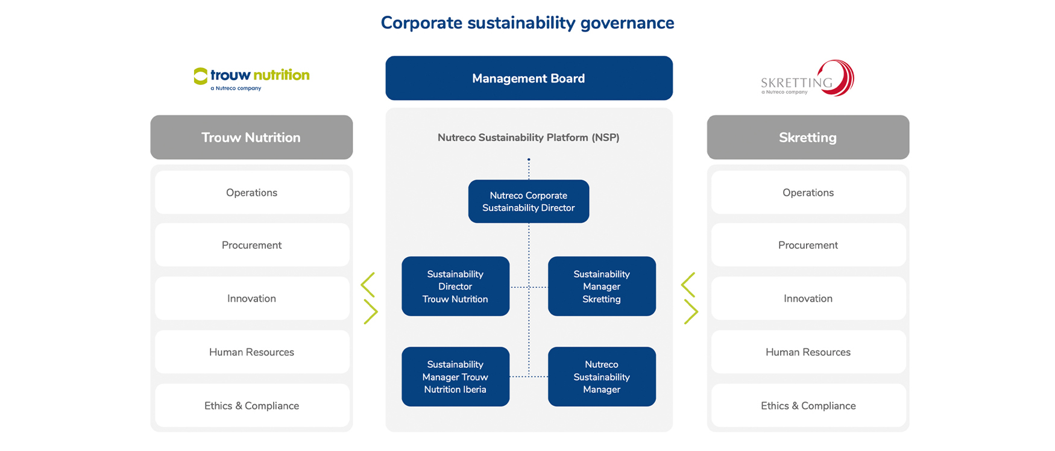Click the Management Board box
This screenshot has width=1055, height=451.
coord(529,78)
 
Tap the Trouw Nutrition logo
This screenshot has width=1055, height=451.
coord(251,79)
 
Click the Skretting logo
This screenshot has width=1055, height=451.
coord(807,78)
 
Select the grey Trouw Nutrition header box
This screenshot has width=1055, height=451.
coord(251,137)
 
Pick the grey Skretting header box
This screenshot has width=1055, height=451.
coord(808,137)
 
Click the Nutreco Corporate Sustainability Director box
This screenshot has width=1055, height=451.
coord(529,202)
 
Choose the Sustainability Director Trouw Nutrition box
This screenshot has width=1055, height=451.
coord(455,287)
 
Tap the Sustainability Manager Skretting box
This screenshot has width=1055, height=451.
coord(602,287)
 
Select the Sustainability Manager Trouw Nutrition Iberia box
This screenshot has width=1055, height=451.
coord(455,377)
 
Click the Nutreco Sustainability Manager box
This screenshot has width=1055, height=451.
coord(602,377)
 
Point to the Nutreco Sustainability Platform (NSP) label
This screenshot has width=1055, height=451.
coord(529,138)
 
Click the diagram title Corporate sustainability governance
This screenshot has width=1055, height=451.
coord(527,23)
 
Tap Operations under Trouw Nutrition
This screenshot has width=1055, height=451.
coord(252,193)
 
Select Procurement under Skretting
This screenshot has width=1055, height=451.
coord(808,245)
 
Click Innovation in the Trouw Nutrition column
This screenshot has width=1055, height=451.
coord(252,299)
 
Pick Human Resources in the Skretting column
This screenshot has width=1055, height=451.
coord(808,352)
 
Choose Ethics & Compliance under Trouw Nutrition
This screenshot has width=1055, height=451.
coord(252,406)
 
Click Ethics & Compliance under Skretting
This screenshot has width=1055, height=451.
coord(808,406)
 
